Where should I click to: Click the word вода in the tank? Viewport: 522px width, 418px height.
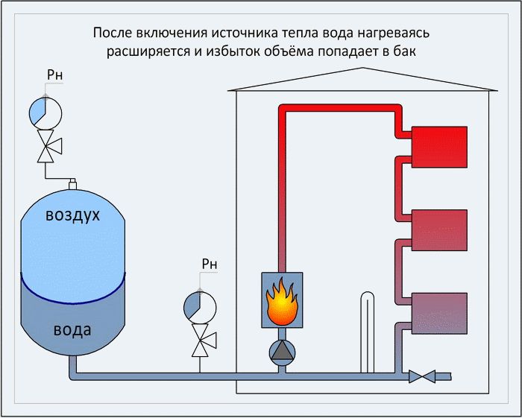73,329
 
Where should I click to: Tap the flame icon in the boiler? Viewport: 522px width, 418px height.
282,300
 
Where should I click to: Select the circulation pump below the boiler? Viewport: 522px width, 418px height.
282,351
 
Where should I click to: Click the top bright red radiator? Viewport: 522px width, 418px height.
439,145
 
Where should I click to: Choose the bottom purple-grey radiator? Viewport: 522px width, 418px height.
439,314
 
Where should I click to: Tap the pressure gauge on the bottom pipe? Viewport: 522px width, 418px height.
200,307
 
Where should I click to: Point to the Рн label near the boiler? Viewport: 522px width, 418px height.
210,264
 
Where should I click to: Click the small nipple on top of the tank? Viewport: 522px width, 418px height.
73,182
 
